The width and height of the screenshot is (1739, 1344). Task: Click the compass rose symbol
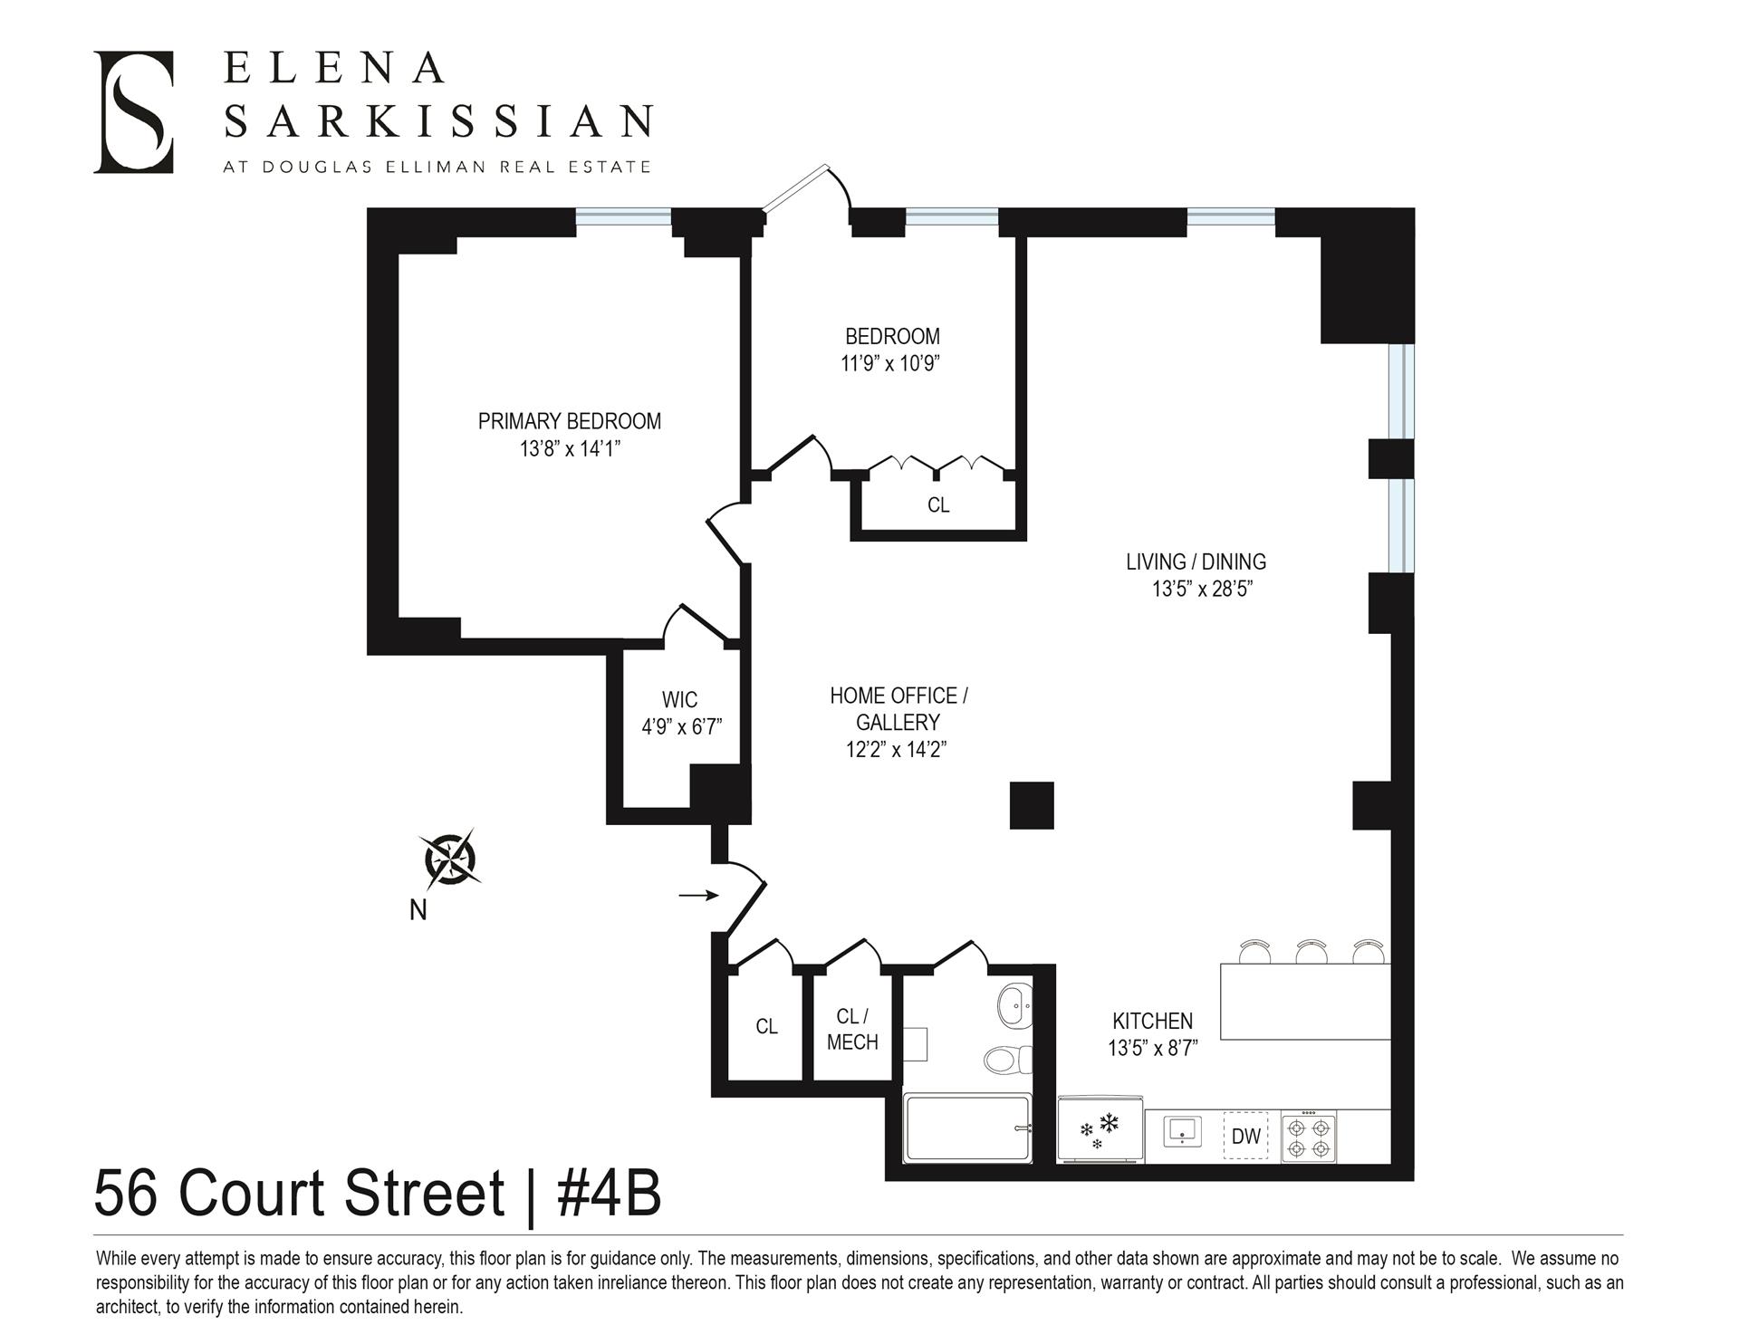pyautogui.click(x=450, y=858)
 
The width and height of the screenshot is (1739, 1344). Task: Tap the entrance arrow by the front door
pyautogui.click(x=698, y=896)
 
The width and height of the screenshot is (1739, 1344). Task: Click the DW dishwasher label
pyautogui.click(x=1246, y=1137)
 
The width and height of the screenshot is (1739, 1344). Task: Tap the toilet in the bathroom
pyautogui.click(x=1008, y=1059)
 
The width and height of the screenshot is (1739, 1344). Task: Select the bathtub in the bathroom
pyautogui.click(x=967, y=1128)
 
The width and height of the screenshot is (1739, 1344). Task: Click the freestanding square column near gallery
pyautogui.click(x=1032, y=805)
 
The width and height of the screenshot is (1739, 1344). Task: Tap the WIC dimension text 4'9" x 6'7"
pyautogui.click(x=681, y=727)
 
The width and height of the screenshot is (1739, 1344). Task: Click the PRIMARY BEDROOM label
pyautogui.click(x=569, y=421)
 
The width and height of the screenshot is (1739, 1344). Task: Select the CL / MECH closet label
pyautogui.click(x=851, y=1030)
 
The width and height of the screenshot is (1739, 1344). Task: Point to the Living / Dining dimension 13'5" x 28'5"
pyautogui.click(x=1201, y=590)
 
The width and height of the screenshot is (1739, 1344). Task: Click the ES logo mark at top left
pyautogui.click(x=133, y=112)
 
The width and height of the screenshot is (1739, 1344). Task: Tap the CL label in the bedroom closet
pyautogui.click(x=938, y=505)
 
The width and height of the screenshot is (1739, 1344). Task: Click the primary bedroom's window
pyautogui.click(x=624, y=216)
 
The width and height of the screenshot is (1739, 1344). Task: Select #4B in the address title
pyautogui.click(x=609, y=1194)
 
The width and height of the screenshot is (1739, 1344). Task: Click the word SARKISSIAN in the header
pyautogui.click(x=437, y=120)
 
